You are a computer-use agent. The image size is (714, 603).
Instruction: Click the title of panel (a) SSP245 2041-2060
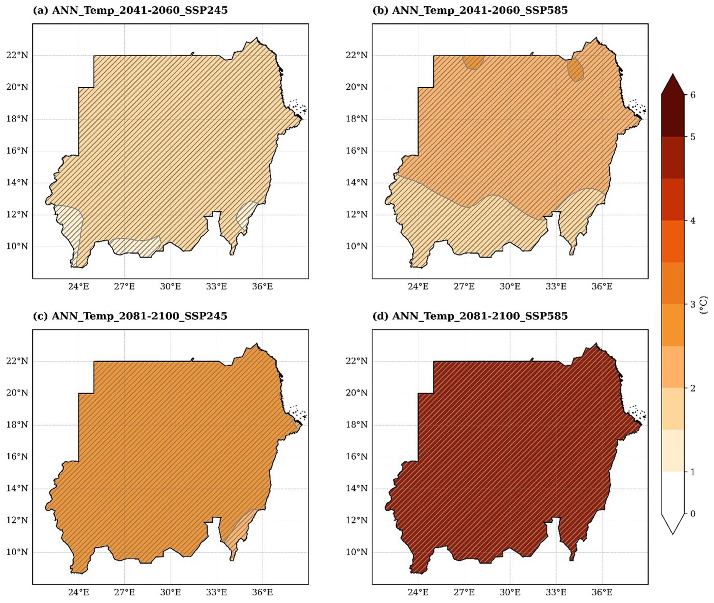[130, 10]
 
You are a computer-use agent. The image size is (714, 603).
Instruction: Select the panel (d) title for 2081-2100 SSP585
[479, 316]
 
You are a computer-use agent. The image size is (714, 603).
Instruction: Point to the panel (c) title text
[130, 316]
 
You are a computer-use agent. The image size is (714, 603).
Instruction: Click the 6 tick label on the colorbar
[692, 95]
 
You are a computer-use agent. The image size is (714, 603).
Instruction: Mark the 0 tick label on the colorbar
[692, 514]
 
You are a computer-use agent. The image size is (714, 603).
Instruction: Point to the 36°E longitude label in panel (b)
[602, 287]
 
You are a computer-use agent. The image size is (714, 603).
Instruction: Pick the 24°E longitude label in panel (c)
[79, 592]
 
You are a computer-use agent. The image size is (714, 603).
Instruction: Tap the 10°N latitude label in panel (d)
[357, 552]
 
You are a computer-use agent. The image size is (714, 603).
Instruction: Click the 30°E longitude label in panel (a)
[170, 287]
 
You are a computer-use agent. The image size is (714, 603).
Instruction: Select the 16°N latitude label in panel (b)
[357, 151]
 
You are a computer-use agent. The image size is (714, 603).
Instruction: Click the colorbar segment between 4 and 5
[673, 178]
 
